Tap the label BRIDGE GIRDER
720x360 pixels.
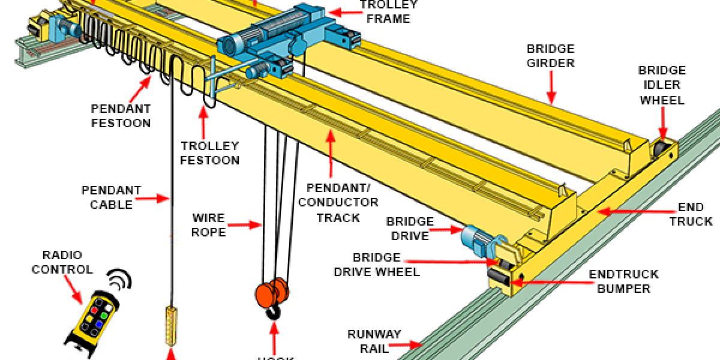tap(550, 56)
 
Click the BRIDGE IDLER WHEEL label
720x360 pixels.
tap(662, 85)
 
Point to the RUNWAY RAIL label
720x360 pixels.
tap(374, 341)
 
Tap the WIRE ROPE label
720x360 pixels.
tap(209, 224)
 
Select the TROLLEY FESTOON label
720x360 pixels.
tap(210, 153)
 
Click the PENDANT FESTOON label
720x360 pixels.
tap(121, 116)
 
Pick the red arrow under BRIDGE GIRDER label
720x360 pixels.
tap(551, 90)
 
